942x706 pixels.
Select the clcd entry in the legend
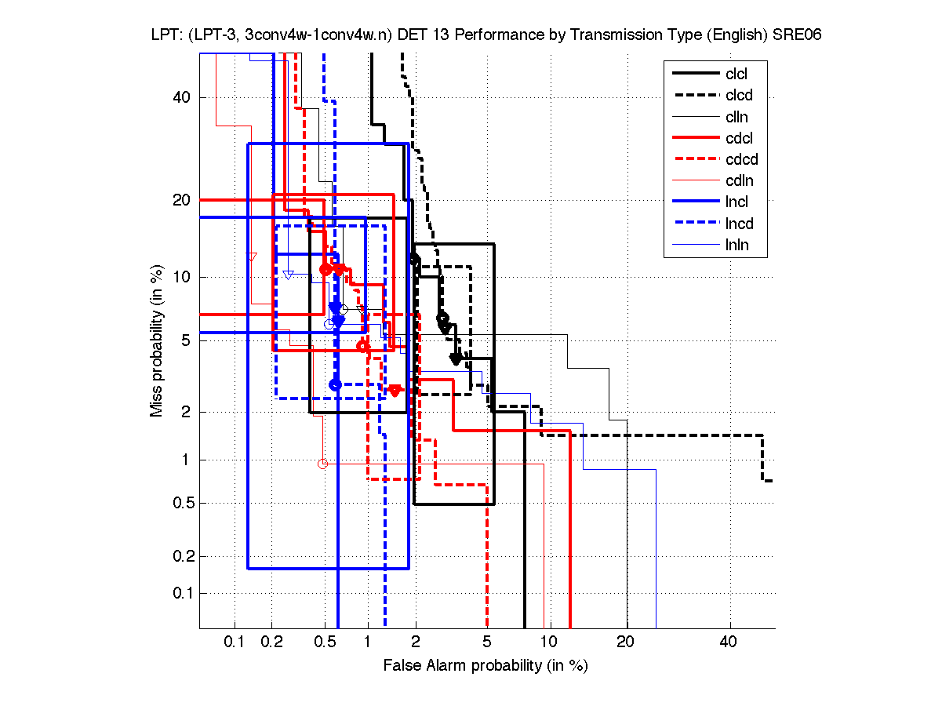click(738, 96)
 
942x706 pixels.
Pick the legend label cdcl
click(738, 139)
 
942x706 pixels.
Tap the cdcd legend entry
click(740, 160)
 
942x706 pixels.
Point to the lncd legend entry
click(738, 224)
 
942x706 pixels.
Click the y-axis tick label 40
click(182, 97)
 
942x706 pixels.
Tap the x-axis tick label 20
click(625, 643)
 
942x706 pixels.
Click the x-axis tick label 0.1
click(235, 643)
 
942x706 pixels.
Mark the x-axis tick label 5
click(488, 643)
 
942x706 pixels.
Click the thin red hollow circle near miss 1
click(322, 464)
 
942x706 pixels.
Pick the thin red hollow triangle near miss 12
click(253, 257)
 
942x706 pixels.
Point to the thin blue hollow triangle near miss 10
click(288, 275)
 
